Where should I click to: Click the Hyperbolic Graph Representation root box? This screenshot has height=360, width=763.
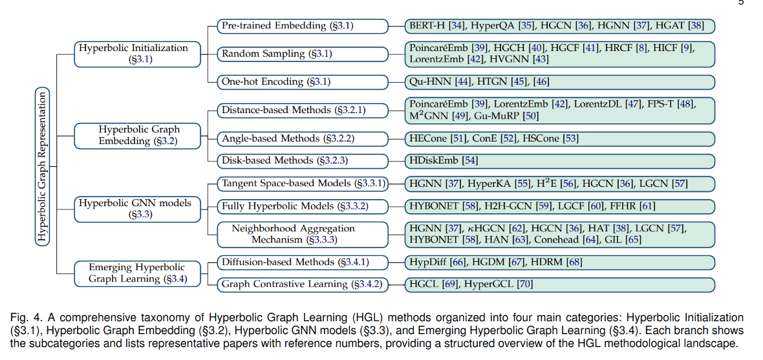pyautogui.click(x=43, y=167)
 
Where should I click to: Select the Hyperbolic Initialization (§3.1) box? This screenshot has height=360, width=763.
pyautogui.click(x=137, y=54)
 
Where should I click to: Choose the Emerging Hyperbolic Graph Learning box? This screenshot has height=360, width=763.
pyautogui.click(x=137, y=273)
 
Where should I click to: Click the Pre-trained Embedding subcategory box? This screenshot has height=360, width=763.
pyautogui.click(x=303, y=26)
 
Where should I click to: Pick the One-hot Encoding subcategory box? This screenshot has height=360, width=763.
pyautogui.click(x=303, y=81)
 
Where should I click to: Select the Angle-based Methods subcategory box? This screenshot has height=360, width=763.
pyautogui.click(x=303, y=139)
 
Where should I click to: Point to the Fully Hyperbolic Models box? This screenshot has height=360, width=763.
pyautogui.click(x=303, y=206)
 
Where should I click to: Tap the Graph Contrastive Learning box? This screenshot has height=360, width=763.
pyautogui.click(x=303, y=284)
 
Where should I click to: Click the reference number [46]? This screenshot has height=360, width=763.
pyautogui.click(x=541, y=82)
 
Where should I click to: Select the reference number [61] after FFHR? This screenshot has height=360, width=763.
pyautogui.click(x=647, y=206)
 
